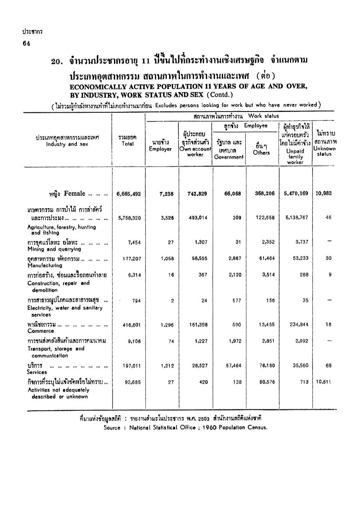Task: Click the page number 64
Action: coord(26,43)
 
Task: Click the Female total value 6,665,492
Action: coord(129,194)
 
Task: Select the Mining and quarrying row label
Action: coord(54,249)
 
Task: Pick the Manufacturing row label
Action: coord(44,265)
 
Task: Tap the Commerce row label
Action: coord(41,331)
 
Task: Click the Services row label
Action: coord(37,372)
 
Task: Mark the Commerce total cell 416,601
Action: coord(132,325)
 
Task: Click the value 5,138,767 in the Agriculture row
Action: coord(296,218)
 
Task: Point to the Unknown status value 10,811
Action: coord(323,382)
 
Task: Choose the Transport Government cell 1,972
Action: coord(235,341)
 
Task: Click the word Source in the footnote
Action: coord(112,428)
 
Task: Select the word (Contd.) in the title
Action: coord(219,95)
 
